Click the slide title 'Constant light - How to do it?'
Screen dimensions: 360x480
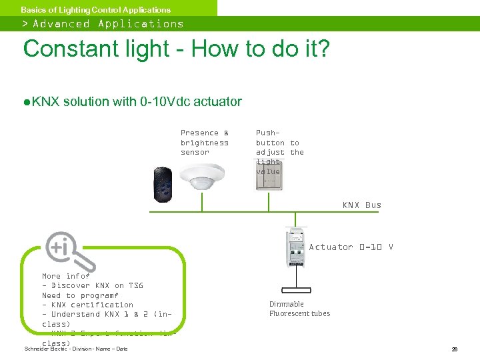point(176,49)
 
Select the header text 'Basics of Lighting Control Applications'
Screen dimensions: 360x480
point(95,9)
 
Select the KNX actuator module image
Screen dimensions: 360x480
point(295,247)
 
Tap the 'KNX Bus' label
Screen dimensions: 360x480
point(361,205)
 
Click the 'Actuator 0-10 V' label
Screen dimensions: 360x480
point(351,247)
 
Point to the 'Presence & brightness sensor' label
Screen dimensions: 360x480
point(205,143)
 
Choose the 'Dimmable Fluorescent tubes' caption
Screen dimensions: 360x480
point(299,309)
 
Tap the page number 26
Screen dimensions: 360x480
point(453,349)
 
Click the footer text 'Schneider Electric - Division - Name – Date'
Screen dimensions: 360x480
point(75,349)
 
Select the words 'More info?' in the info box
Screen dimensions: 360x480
point(65,276)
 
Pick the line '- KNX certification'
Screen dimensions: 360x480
point(87,305)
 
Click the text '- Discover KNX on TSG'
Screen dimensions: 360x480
point(92,285)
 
